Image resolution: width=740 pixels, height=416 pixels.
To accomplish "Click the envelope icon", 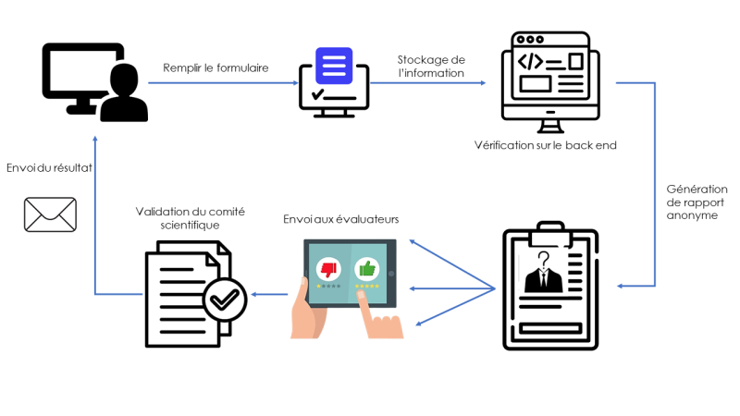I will pos(50,214).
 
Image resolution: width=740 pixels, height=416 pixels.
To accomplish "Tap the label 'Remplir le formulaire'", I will pos(216,67).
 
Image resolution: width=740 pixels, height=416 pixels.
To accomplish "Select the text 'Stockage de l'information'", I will pos(431,66).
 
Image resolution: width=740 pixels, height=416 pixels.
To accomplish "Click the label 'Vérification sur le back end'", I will pos(545,145).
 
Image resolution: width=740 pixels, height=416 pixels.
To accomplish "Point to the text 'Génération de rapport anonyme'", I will pos(697,202).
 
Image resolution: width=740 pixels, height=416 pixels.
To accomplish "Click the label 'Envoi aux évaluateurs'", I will pos(340,219).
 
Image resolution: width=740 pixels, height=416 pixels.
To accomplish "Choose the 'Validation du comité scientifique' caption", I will pos(190,218).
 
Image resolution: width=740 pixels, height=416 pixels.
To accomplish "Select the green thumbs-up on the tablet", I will pos(368,268).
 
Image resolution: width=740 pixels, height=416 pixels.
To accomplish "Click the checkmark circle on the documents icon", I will pos(225,299).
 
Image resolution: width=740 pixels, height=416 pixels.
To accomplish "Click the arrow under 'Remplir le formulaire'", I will pos(221,83).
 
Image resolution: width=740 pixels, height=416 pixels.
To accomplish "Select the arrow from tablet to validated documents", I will pos(270,295).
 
